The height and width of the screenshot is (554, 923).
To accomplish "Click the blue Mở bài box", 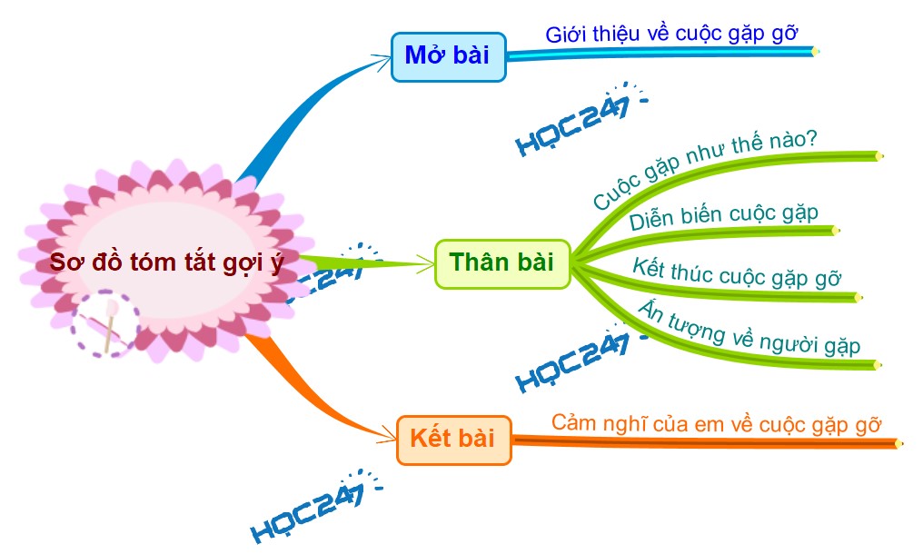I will (447, 56).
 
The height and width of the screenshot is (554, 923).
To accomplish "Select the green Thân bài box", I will (501, 263).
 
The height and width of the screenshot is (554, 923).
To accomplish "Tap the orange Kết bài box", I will (453, 440).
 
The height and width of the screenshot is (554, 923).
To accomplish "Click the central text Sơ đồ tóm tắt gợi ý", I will (167, 263).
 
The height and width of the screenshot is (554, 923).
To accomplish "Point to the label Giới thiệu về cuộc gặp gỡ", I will (671, 35).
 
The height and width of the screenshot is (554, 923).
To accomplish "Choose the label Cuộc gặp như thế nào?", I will (705, 170).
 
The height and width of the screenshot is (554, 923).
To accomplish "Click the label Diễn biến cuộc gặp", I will (723, 217).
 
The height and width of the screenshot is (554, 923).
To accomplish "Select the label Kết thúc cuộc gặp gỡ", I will (738, 272).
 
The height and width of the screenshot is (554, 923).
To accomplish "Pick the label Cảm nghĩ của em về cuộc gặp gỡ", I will (717, 423).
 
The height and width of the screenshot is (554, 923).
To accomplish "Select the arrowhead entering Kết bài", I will (389, 440).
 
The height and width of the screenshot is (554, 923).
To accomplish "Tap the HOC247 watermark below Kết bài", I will (309, 509).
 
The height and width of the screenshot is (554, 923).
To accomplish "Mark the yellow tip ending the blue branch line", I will (815, 52).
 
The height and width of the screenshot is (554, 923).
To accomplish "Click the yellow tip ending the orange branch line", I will (898, 444).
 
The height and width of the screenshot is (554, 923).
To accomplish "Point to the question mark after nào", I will (811, 138).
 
